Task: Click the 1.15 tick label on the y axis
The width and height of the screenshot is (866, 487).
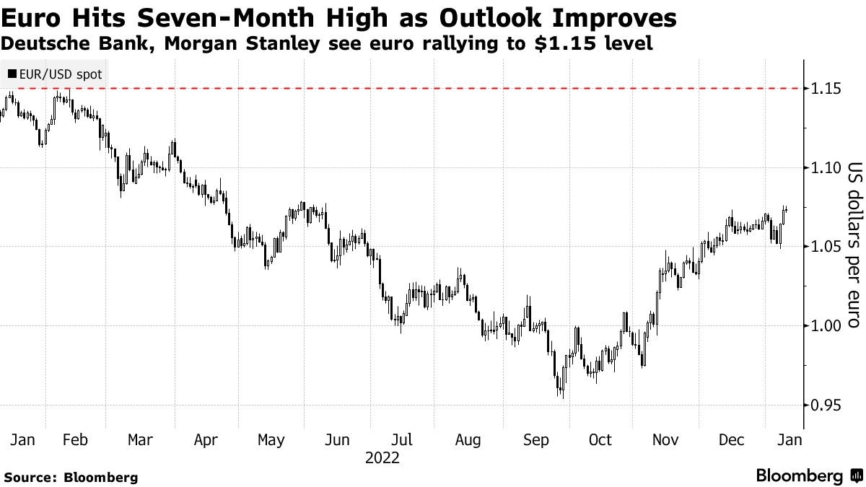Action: (824, 88)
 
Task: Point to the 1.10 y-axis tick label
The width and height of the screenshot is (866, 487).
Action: (824, 167)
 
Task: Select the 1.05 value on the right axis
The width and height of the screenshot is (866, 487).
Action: (824, 247)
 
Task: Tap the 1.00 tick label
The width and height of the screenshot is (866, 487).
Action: (824, 326)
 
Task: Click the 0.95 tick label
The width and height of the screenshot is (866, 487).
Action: (824, 405)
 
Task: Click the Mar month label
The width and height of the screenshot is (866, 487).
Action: (140, 440)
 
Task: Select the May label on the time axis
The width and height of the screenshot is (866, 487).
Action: (271, 440)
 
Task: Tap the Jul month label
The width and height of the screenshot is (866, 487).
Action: (401, 440)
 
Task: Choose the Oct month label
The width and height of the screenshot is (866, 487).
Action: (600, 440)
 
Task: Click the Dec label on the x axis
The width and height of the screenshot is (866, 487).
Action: (730, 440)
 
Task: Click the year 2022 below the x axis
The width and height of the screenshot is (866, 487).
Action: (382, 458)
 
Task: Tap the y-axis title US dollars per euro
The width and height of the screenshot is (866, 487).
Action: (854, 245)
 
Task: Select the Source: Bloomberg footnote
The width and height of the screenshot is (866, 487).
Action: (71, 477)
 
